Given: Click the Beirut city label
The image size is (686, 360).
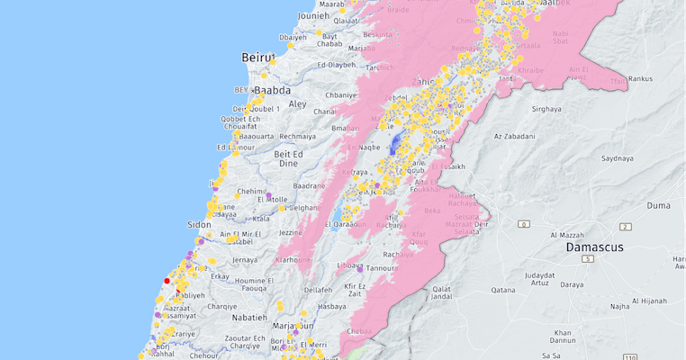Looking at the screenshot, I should pyautogui.click(x=257, y=58).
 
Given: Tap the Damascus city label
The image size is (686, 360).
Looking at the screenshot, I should pyautogui.click(x=594, y=246).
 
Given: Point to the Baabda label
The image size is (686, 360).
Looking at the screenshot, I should pyautogui.click(x=274, y=91).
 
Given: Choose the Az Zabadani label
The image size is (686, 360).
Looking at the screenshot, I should pyautogui.click(x=515, y=137).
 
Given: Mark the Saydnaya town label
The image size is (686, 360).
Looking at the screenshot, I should pyautogui.click(x=618, y=157).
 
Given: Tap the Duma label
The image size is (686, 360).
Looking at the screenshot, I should pyautogui.click(x=659, y=205).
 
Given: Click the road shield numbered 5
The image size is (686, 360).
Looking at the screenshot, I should pyautogui.click(x=587, y=259).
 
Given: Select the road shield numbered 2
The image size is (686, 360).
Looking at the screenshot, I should pyautogui.click(x=625, y=227).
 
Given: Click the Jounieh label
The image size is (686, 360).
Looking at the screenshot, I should pyautogui.click(x=312, y=15).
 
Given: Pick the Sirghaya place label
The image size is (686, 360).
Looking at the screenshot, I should pyautogui.click(x=546, y=108).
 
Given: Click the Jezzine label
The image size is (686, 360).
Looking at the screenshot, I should pyautogui.click(x=290, y=232).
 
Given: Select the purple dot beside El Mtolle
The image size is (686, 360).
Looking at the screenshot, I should pyautogui.click(x=268, y=194).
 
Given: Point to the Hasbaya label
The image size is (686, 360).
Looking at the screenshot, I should pyautogui.click(x=331, y=306).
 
